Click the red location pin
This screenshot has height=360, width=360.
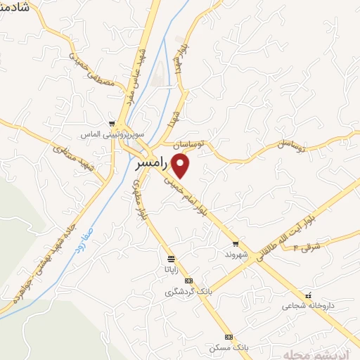click(181, 165)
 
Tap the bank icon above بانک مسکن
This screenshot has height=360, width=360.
click(229, 337)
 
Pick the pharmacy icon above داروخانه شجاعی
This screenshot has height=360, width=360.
click(309, 295)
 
